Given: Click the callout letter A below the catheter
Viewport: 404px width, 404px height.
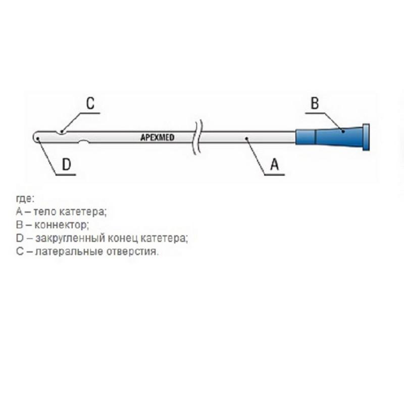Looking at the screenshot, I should [275, 165].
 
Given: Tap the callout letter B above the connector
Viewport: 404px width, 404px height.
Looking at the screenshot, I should [314, 104].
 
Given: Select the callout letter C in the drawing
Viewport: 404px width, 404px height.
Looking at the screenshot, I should [90, 104].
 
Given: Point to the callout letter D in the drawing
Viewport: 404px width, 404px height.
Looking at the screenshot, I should [66, 165].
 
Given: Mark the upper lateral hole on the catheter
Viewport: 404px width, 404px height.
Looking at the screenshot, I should [62, 132].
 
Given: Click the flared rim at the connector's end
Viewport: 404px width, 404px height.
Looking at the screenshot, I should [366, 137].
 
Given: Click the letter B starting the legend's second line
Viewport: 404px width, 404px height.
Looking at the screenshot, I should [19, 224].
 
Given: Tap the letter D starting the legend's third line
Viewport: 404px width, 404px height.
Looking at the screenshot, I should [19, 237].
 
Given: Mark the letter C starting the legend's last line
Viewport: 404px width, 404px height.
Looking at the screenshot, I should [20, 251].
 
